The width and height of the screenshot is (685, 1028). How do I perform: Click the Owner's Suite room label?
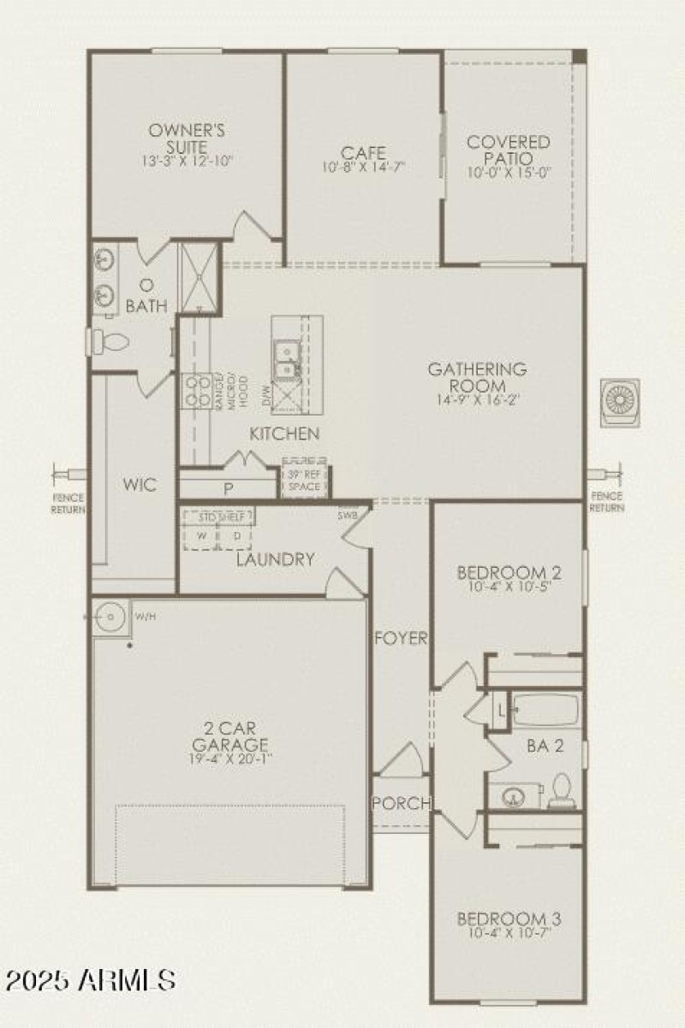pos(187,139)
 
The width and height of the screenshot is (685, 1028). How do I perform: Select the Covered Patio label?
pos(509,151)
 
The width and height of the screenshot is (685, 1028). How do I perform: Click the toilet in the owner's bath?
pos(108,342)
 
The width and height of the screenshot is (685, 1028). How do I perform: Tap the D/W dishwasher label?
pos(265,396)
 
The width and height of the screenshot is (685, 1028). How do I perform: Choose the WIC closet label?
pos(139,486)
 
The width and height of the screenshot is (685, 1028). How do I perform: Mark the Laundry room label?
pos(276,559)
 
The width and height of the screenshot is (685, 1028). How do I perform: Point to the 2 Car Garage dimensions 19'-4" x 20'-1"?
pos(225,759)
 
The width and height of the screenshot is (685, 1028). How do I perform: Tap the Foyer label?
pos(400,638)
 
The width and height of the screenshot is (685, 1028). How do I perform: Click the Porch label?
pos(400,803)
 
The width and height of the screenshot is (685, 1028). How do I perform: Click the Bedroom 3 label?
pos(509,919)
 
